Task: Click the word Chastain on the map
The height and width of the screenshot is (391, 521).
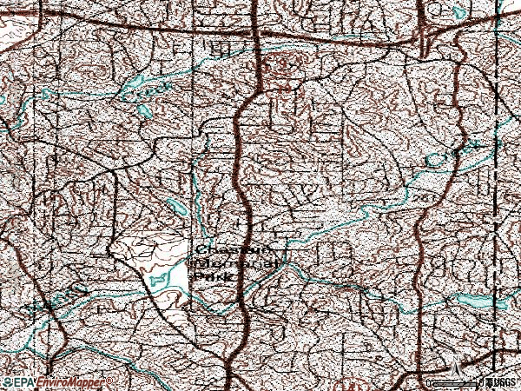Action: [224, 246]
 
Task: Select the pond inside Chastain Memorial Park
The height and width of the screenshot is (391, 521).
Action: [159, 280]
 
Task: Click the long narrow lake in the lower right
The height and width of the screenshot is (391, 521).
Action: [476, 299]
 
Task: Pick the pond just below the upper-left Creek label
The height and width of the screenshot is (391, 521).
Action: [144, 111]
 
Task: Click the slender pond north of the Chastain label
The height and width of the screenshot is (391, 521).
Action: [176, 207]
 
